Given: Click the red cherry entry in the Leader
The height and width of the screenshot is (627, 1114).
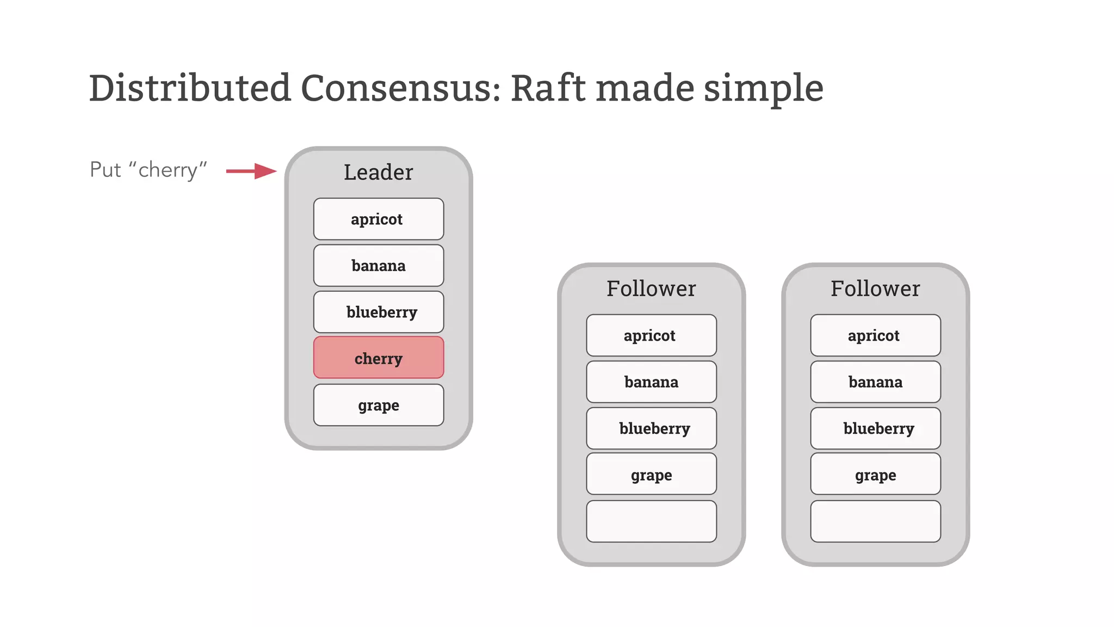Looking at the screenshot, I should click(379, 358).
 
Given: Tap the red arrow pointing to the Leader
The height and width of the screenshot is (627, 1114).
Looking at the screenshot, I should click(251, 171).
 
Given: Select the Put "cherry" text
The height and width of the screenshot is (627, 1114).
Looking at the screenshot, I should click(148, 170).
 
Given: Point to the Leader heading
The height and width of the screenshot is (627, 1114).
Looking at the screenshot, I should click(378, 172).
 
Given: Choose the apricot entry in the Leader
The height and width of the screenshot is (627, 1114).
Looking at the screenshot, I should click(379, 219).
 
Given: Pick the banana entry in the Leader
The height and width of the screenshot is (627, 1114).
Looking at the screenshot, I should click(379, 266).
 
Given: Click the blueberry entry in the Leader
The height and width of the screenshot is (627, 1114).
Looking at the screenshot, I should click(379, 312).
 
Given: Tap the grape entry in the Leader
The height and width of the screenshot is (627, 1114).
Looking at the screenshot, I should click(379, 405).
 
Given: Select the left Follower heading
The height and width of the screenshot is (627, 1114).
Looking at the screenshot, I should click(651, 288).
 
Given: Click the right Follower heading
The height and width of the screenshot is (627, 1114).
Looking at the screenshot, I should click(875, 288).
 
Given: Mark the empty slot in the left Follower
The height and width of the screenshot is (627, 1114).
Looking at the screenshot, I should click(651, 521).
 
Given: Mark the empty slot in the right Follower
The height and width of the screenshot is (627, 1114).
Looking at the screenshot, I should click(875, 521).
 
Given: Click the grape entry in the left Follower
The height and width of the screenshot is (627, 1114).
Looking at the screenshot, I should click(651, 475).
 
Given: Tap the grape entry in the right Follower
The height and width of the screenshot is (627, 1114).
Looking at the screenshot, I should click(875, 475).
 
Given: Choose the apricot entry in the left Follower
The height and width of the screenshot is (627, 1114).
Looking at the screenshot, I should click(651, 335).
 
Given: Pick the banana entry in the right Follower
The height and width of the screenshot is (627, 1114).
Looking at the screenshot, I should click(875, 382).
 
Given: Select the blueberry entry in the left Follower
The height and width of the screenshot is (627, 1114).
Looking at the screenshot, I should click(651, 428).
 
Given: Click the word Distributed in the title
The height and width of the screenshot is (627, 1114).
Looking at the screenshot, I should click(190, 88).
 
